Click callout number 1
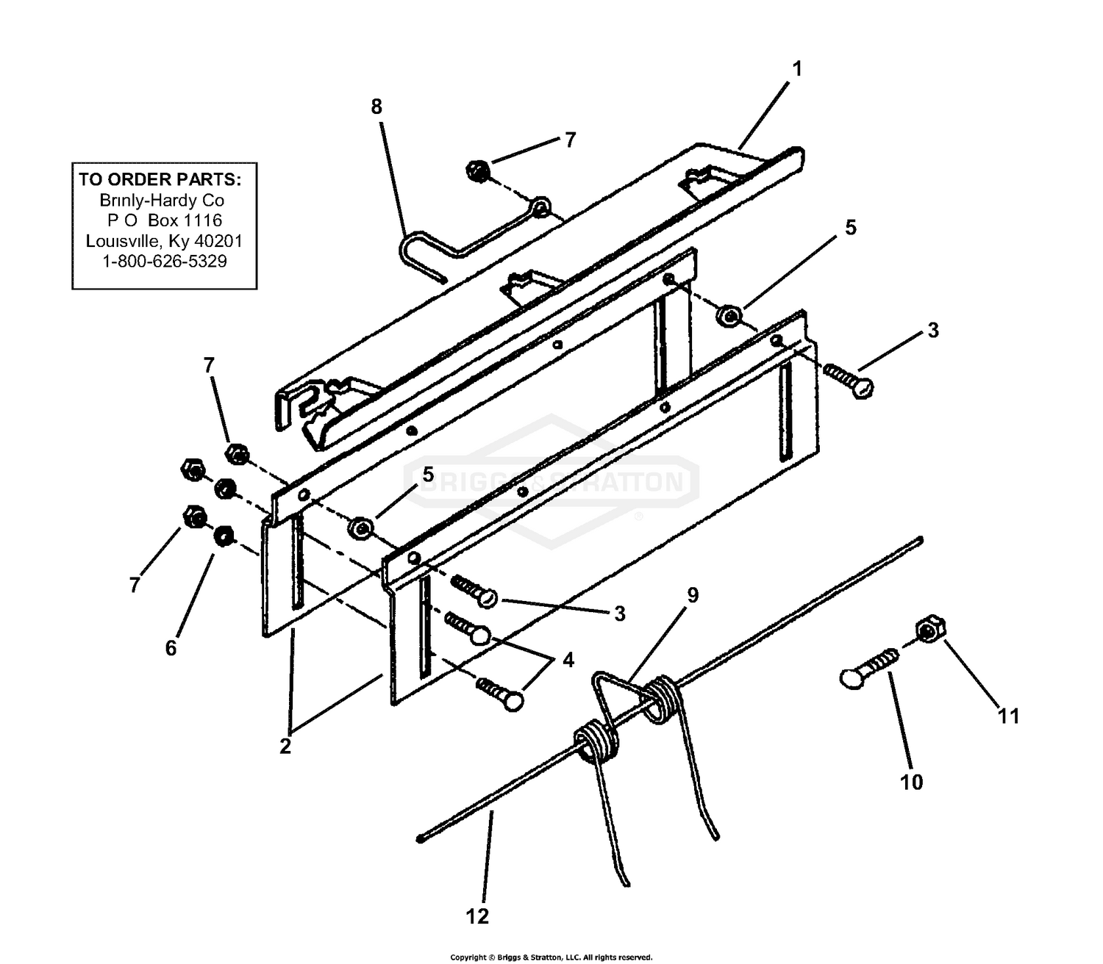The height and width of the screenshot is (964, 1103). coord(796,69)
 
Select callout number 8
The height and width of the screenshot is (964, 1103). coord(376,107)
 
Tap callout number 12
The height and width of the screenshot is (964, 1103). coord(477,916)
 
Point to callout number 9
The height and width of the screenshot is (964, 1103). coord(692,594)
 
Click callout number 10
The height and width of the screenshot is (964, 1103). coord(911,783)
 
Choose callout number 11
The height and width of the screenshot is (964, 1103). coord(1008,715)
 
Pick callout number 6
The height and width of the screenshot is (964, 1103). coord(171,648)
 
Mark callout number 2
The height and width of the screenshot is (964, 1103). coord(285,746)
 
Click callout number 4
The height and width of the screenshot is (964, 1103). coord(568,660)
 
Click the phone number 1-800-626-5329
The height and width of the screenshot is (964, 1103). coord(164,262)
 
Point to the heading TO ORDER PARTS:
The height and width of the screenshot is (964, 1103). coord(160,179)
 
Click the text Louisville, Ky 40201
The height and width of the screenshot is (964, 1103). coord(164,241)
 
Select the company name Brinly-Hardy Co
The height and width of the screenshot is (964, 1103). coord(162,200)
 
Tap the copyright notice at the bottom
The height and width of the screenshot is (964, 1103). coord(551,957)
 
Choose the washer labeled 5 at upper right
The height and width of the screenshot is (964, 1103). coord(728,316)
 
